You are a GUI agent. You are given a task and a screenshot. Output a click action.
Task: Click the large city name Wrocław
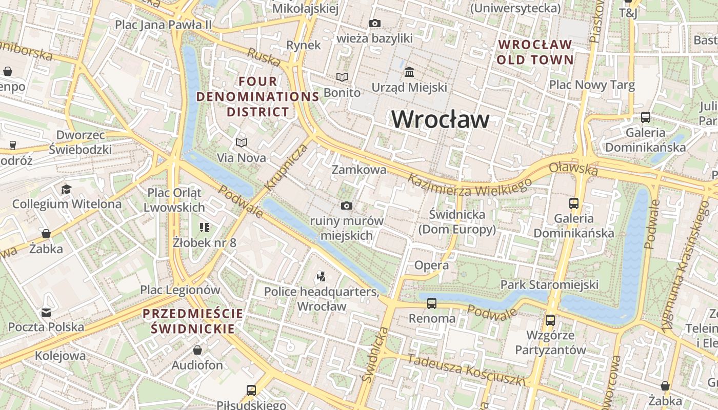coord(440,119)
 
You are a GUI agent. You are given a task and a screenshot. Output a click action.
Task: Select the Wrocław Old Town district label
coord(535,52)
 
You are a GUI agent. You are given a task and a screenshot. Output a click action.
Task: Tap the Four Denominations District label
coord(258,96)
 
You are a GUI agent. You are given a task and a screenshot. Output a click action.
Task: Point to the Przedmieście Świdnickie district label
coord(193,321)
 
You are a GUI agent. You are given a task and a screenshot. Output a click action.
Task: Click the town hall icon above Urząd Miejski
coord(409,72)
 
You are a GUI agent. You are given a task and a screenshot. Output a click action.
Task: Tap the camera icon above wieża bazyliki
coord(375,23)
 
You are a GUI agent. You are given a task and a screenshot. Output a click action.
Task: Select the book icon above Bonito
coord(342,77)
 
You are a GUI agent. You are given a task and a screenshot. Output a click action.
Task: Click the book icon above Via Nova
coord(241,142)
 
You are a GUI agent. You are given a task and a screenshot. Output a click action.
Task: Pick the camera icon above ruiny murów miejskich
coord(347,206)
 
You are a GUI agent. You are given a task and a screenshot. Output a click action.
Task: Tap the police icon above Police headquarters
coord(322,277)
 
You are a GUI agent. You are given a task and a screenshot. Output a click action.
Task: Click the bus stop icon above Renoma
coord(432,303)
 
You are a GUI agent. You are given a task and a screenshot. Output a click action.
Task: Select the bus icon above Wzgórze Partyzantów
coord(550,320)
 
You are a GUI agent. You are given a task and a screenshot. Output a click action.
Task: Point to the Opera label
coord(431,265)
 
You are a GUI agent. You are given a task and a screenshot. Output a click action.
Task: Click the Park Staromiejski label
coord(549,284)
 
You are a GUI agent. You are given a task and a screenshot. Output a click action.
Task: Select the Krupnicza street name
coord(286,167)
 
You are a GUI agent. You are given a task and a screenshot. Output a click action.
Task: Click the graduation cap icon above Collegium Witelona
coord(66,189)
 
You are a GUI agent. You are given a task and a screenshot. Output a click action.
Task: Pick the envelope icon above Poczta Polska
coord(46,312)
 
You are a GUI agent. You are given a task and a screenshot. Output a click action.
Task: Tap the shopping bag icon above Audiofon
coord(197,351)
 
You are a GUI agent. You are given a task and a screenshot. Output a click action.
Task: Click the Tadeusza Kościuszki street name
coord(466,369)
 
